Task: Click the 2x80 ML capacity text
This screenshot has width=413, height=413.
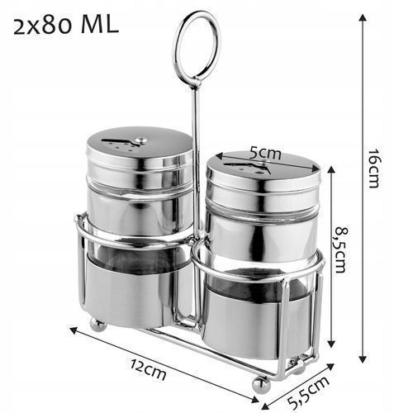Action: (x=66, y=26)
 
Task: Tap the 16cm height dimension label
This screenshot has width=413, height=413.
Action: (x=374, y=169)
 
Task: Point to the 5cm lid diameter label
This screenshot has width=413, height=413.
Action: (x=265, y=153)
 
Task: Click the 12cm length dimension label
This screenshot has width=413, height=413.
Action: (x=148, y=369)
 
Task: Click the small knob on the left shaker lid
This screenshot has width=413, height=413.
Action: (x=142, y=140)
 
